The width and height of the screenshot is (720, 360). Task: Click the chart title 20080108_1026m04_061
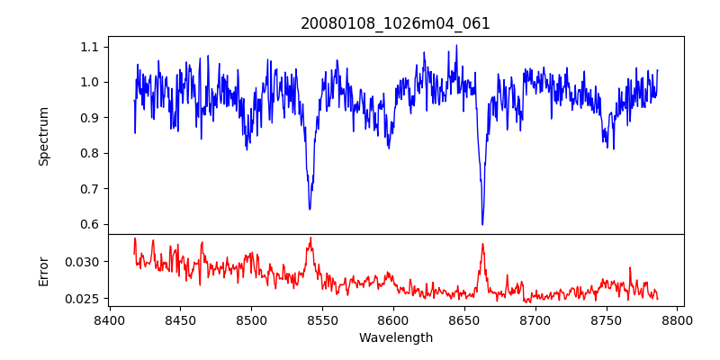[x=395, y=23]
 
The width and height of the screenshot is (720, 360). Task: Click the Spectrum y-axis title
[x=43, y=136]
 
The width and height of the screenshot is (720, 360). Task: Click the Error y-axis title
[x=43, y=271]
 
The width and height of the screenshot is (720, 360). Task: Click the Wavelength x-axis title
[x=395, y=338]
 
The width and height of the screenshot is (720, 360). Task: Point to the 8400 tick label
[x=109, y=319]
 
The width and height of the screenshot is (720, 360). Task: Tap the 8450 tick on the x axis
[x=180, y=319]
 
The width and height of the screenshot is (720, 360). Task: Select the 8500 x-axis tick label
[x=251, y=319]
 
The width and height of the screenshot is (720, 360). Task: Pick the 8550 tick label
[x=322, y=319]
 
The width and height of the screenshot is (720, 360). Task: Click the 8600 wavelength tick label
[x=393, y=319]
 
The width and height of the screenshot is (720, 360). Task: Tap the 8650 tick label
[x=464, y=319]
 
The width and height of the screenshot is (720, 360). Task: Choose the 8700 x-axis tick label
[x=535, y=319]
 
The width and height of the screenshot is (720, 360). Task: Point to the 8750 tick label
[x=607, y=319]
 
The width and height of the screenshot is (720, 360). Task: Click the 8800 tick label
[x=678, y=319]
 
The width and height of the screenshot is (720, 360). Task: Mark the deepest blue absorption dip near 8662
[x=482, y=224]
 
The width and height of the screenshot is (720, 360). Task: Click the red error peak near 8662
[x=482, y=244]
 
